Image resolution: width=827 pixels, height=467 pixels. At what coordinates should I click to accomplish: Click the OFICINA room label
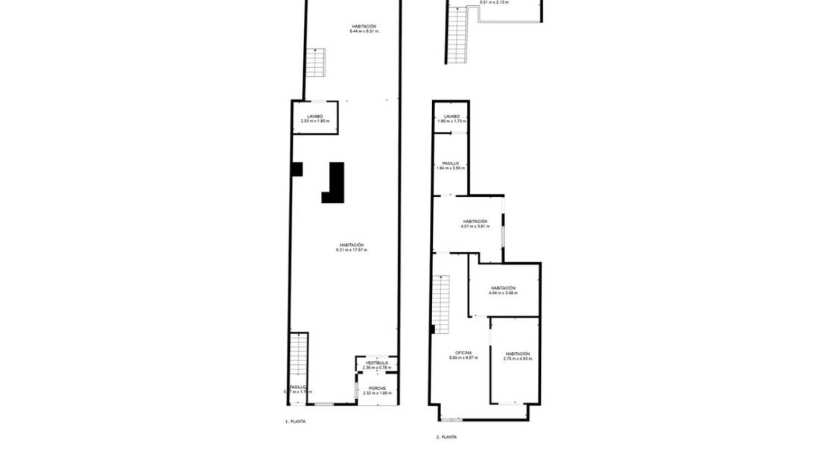pos(463,353)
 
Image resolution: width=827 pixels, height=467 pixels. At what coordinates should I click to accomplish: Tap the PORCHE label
pos(377,388)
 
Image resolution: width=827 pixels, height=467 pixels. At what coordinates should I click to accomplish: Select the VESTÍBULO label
pos(376,363)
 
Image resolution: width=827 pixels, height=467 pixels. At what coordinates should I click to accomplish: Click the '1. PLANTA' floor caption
pos(295,421)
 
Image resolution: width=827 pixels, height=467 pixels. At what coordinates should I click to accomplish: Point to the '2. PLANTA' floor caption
pos(446,437)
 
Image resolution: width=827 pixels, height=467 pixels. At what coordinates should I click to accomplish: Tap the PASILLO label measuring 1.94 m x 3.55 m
pos(451,163)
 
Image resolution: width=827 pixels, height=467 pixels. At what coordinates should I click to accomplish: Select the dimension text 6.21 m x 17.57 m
pos(352,250)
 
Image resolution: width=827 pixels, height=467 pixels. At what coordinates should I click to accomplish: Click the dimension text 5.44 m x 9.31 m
pos(364,31)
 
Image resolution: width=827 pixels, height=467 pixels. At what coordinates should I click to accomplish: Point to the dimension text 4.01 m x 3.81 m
pos(475,226)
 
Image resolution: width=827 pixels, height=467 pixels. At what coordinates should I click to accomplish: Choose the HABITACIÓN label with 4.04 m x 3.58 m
pos(503,288)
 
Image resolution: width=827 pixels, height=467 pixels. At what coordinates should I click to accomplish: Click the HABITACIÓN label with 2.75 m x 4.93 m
pos(517,354)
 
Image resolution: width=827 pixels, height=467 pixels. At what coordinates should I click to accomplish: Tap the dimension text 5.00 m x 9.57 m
pos(463,358)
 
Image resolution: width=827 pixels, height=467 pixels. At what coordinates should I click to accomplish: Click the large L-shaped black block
pos(335,184)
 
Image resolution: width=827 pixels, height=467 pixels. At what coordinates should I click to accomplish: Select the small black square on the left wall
pos(297,169)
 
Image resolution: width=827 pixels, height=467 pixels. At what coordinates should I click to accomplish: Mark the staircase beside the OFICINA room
pos(441,304)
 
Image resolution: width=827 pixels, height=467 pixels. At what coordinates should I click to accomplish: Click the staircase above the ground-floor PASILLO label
pos(298,355)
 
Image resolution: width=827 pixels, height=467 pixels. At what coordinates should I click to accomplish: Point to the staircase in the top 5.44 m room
pos(316,63)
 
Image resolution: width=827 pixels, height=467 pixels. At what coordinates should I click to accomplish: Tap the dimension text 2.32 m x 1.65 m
pos(377,393)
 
